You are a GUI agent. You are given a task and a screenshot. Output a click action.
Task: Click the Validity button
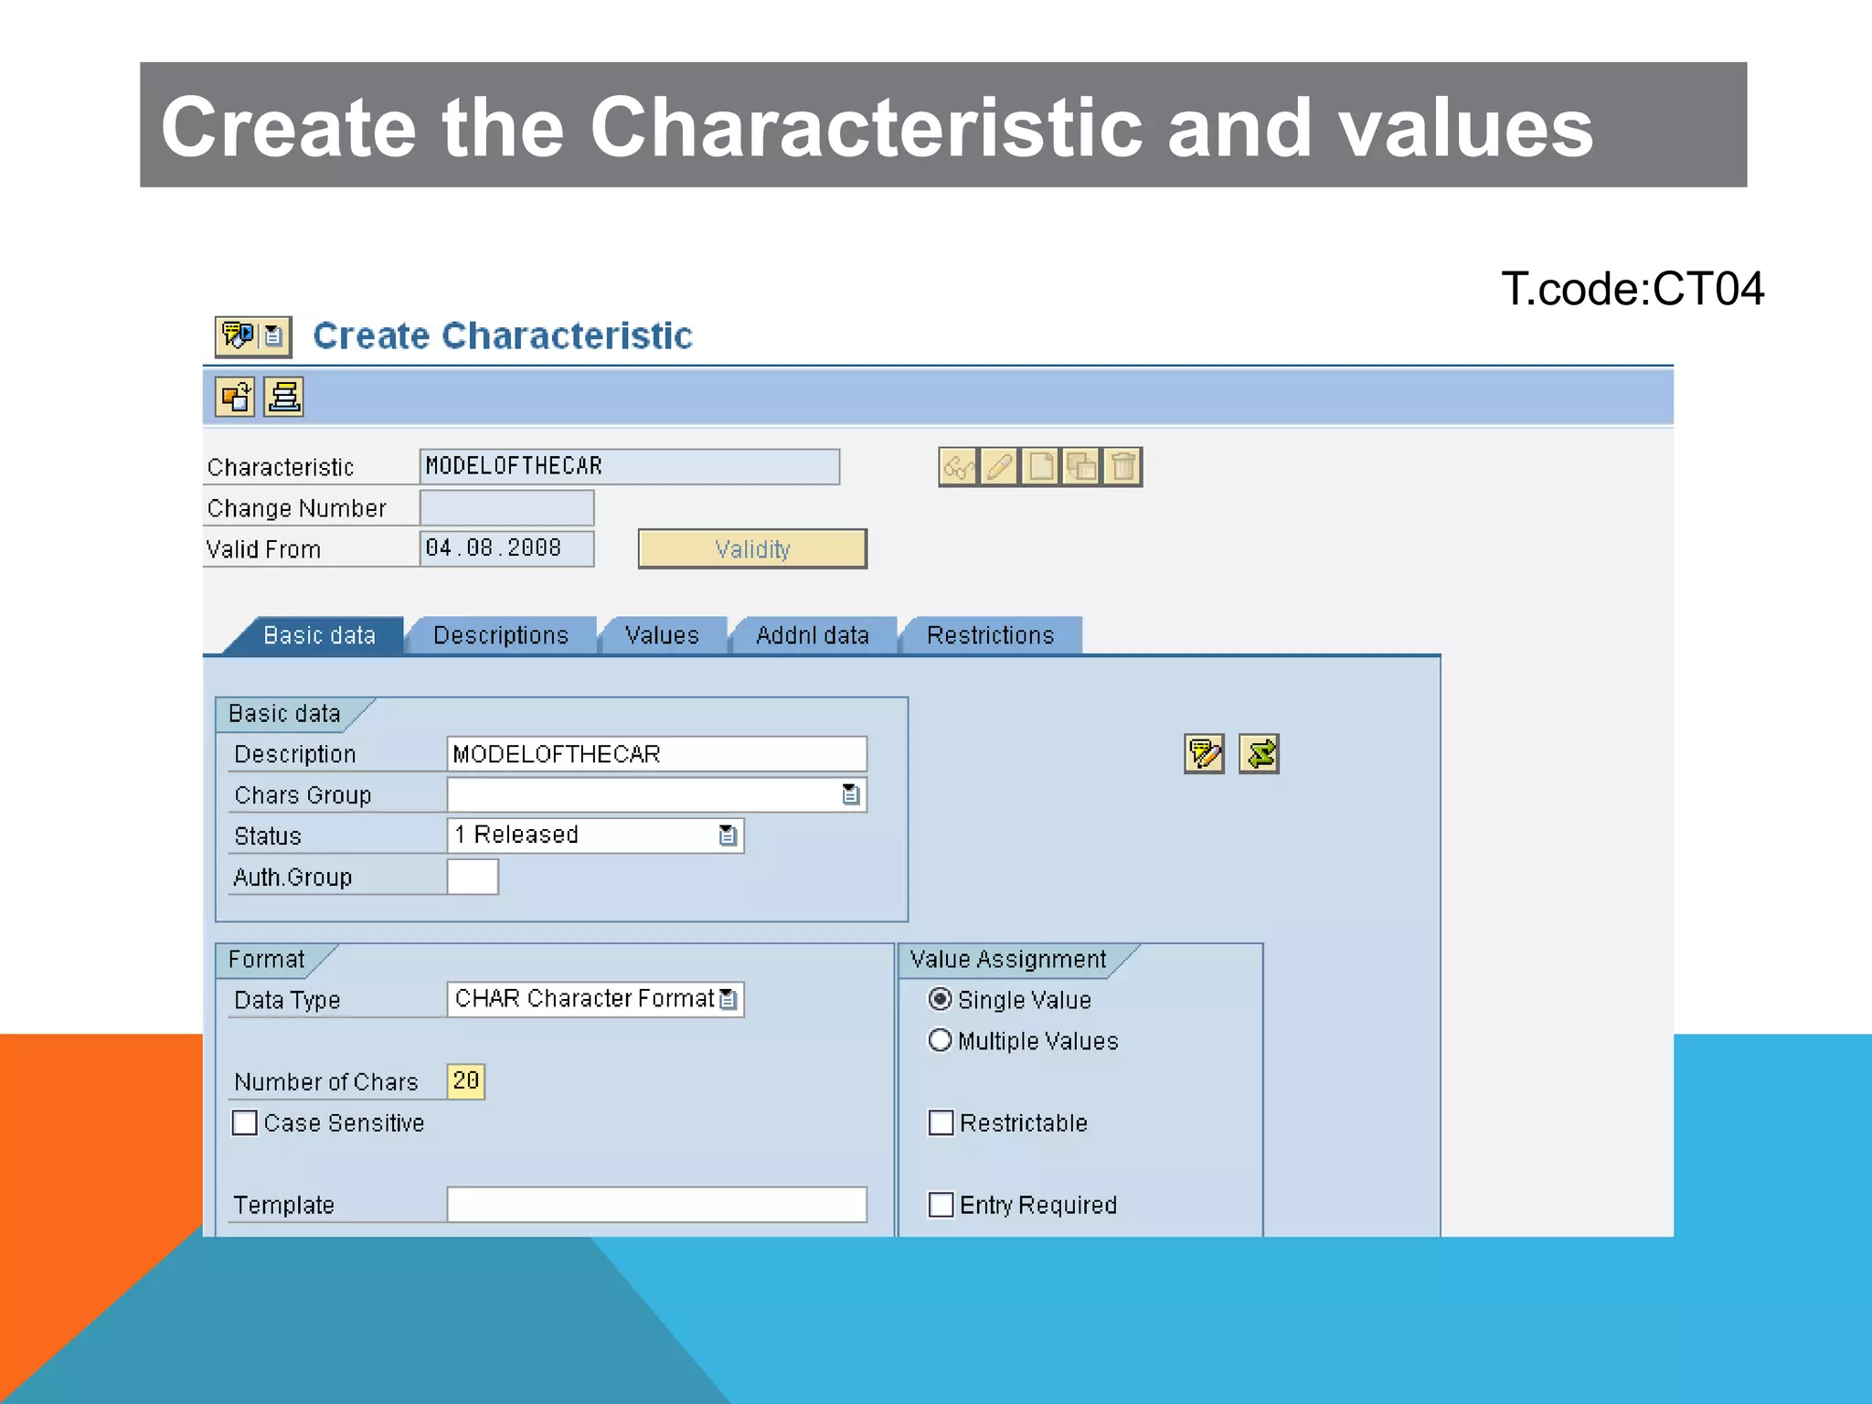[751, 548]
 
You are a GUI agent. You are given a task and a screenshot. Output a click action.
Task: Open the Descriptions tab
[500, 635]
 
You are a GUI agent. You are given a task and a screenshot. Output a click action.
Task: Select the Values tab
[662, 635]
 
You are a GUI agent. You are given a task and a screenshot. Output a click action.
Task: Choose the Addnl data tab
[812, 635]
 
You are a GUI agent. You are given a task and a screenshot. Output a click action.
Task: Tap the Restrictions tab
[990, 635]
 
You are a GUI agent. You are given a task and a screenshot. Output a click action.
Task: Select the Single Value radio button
[940, 999]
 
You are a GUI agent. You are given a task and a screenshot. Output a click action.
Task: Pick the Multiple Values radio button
[940, 1040]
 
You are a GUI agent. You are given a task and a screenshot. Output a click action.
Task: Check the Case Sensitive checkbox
[245, 1122]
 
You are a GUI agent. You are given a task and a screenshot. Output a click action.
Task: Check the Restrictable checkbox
[941, 1122]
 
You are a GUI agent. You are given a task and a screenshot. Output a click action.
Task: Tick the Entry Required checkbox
[941, 1205]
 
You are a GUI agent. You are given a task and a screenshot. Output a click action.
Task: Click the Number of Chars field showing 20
[465, 1081]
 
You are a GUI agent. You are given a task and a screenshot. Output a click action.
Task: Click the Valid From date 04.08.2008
[505, 548]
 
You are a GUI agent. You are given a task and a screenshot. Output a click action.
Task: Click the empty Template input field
[656, 1205]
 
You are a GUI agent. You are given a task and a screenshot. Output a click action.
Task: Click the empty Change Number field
[505, 507]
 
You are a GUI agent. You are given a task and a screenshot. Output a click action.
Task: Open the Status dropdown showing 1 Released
[728, 835]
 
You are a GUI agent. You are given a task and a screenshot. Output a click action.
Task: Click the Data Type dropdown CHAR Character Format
[728, 999]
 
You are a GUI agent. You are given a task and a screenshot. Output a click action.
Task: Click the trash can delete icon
[1122, 467]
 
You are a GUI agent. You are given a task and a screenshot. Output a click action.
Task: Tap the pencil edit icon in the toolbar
[999, 467]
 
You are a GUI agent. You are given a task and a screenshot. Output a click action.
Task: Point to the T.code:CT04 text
[1632, 289]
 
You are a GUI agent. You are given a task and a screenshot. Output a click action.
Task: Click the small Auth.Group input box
[473, 877]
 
